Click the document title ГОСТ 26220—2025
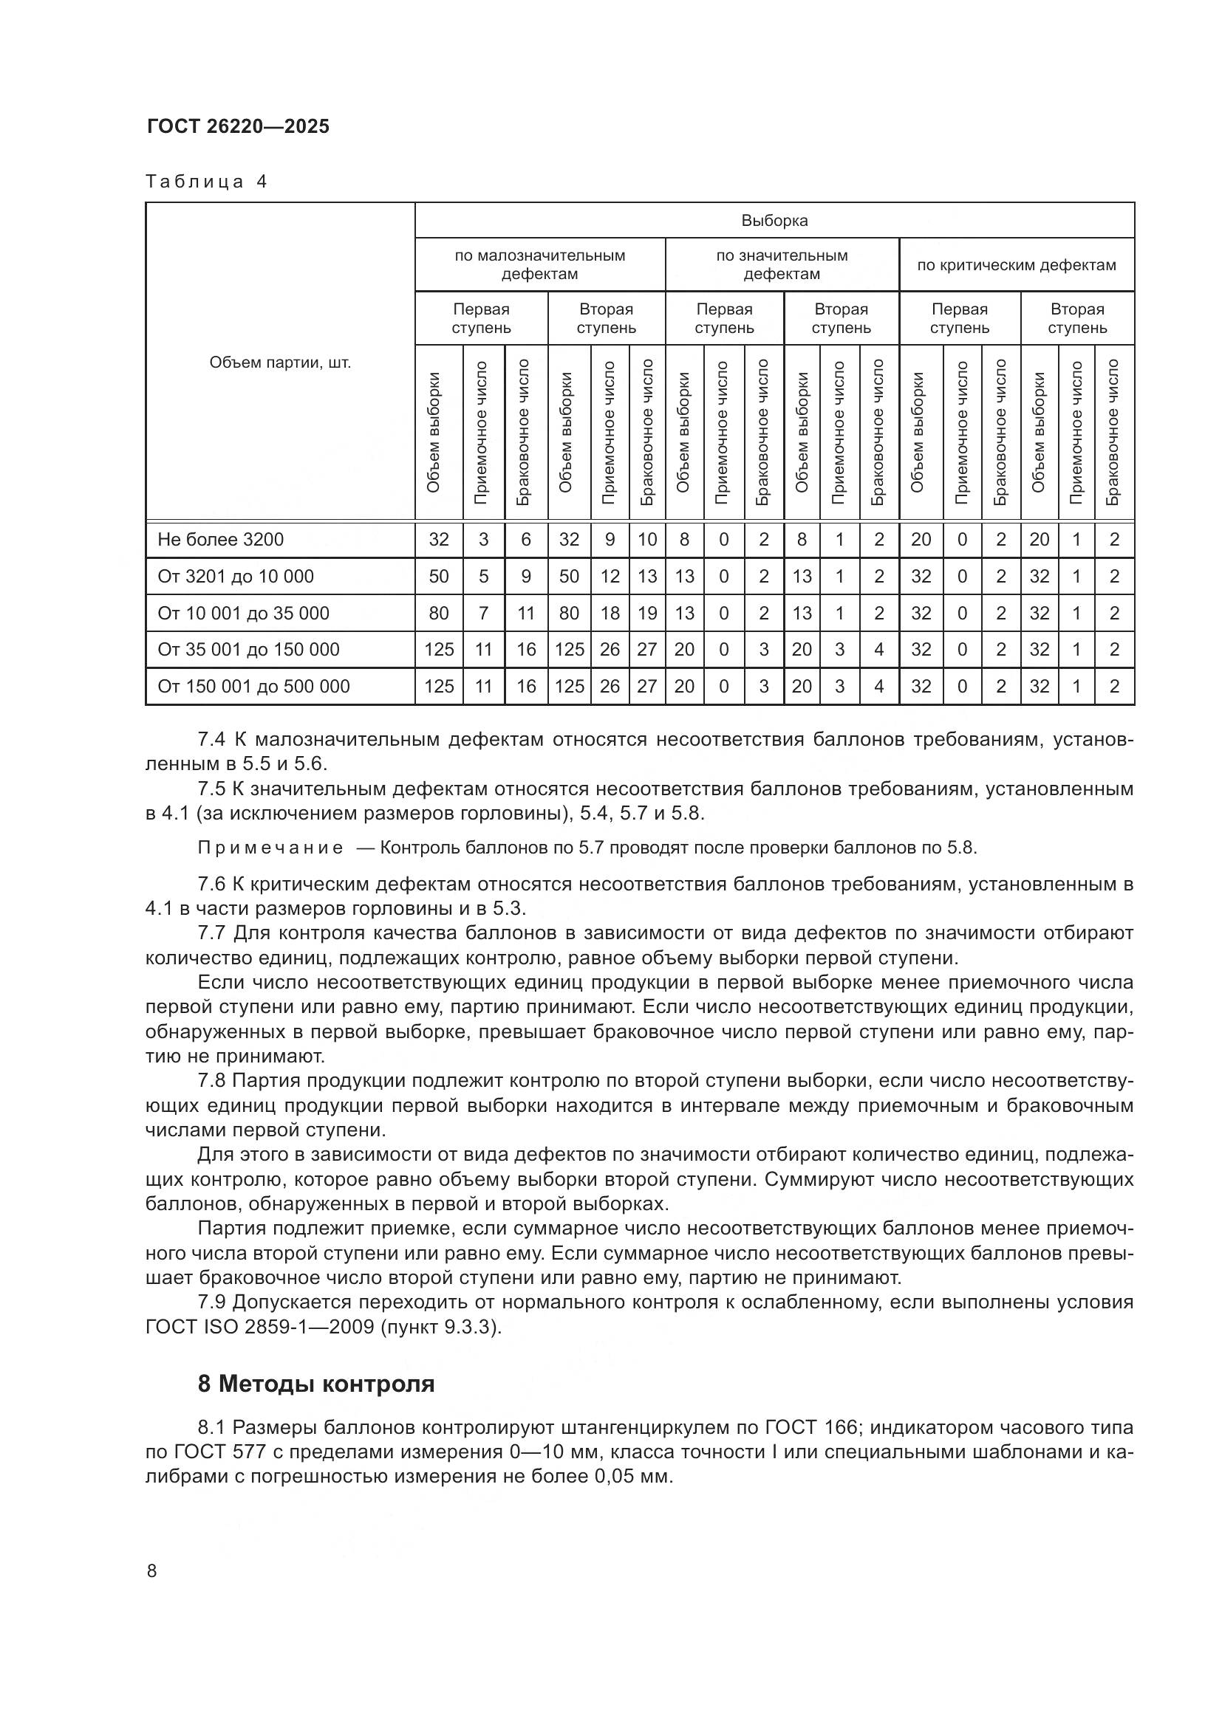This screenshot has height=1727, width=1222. coord(238,126)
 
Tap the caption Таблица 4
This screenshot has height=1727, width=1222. coord(206,182)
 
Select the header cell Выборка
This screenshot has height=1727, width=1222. coord(774,220)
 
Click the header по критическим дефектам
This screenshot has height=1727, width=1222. coord(1016,265)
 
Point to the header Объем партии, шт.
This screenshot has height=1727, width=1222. coord(280,363)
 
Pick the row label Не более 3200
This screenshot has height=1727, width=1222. coord(220,539)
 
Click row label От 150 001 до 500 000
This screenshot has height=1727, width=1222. coord(253,686)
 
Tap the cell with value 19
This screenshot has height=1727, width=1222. coord(647,613)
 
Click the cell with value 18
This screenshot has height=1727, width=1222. coord(610,613)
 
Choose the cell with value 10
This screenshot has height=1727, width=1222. coord(647,539)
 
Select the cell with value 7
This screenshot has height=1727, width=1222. coord(483,613)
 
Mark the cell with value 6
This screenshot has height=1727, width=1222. coord(526,539)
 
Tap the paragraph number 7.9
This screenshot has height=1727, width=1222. coord(211,1302)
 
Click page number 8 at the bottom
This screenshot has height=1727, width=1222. coord(152,1570)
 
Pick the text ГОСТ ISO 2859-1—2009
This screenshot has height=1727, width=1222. coord(261,1327)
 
